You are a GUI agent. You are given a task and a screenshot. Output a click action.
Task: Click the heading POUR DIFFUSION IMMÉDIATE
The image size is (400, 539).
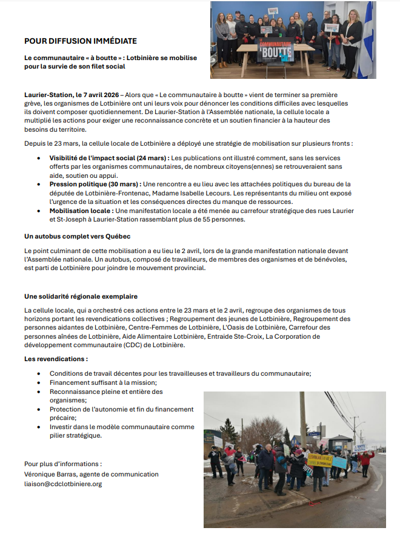point(80,41)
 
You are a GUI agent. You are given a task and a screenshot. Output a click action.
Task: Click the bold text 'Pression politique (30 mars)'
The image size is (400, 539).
point(95,184)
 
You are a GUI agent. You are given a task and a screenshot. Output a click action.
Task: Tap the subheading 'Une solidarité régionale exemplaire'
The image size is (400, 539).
point(81,296)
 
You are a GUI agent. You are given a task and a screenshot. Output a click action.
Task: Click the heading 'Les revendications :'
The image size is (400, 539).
point(56,359)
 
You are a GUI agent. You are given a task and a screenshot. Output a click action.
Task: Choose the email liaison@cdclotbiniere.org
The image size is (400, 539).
point(63,484)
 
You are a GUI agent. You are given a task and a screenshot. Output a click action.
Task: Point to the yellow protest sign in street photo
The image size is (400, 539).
point(319,459)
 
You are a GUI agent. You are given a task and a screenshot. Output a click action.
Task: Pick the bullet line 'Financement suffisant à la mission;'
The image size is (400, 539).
point(103,382)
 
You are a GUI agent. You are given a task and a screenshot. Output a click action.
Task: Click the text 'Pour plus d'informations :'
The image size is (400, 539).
point(62,464)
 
